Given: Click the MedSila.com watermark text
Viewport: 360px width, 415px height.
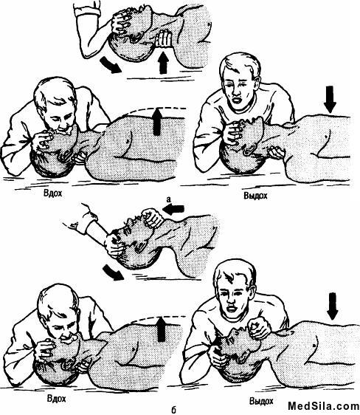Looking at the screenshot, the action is (x=324, y=406).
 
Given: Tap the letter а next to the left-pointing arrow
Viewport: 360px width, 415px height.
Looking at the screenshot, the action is (x=168, y=200).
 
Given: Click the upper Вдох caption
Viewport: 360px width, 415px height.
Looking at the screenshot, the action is (x=53, y=193).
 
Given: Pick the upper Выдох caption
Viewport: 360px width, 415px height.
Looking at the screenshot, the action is (x=255, y=196).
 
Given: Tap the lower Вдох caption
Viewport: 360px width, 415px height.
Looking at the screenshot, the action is (x=57, y=398).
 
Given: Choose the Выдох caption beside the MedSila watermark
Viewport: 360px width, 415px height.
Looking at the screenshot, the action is (x=261, y=401).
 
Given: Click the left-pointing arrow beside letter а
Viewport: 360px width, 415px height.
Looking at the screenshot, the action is (x=173, y=210).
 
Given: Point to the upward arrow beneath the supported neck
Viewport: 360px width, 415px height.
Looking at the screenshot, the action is (x=164, y=63).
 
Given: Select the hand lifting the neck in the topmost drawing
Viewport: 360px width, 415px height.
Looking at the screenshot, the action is (x=163, y=39).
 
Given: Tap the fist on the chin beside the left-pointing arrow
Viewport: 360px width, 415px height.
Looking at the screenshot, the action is (x=151, y=218).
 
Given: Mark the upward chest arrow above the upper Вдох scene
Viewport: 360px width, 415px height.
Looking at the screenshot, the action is (x=157, y=122).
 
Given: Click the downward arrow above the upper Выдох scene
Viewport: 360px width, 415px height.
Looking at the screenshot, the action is (x=330, y=99).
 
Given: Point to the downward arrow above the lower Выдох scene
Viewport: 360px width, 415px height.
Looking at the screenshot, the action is (x=333, y=306).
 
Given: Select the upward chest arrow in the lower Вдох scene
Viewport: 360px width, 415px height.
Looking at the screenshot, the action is (x=162, y=329).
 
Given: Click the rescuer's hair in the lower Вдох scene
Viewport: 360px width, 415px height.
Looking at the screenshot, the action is (x=56, y=300).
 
